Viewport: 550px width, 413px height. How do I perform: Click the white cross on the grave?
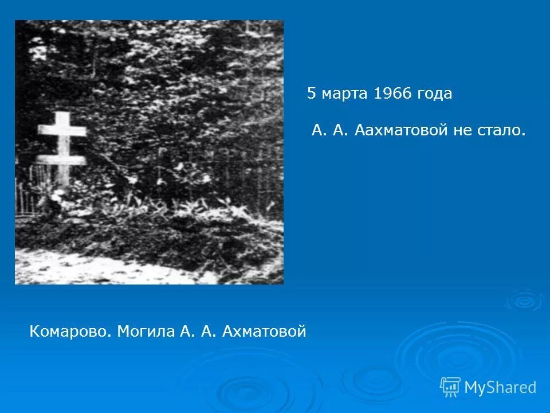coord(62,143)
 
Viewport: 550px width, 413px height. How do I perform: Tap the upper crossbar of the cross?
coord(62,131)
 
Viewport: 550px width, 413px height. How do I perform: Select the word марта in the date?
coord(345,94)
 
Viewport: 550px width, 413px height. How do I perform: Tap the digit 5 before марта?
coord(311,94)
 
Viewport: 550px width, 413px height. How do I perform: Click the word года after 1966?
coord(435,94)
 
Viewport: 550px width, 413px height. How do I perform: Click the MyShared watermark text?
coord(500,387)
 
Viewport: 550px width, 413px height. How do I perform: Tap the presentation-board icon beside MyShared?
coord(450,387)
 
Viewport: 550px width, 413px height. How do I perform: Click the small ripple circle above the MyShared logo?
coord(524,300)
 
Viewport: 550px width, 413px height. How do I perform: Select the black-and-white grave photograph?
coord(149,152)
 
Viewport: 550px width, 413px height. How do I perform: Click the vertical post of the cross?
coord(62,172)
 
